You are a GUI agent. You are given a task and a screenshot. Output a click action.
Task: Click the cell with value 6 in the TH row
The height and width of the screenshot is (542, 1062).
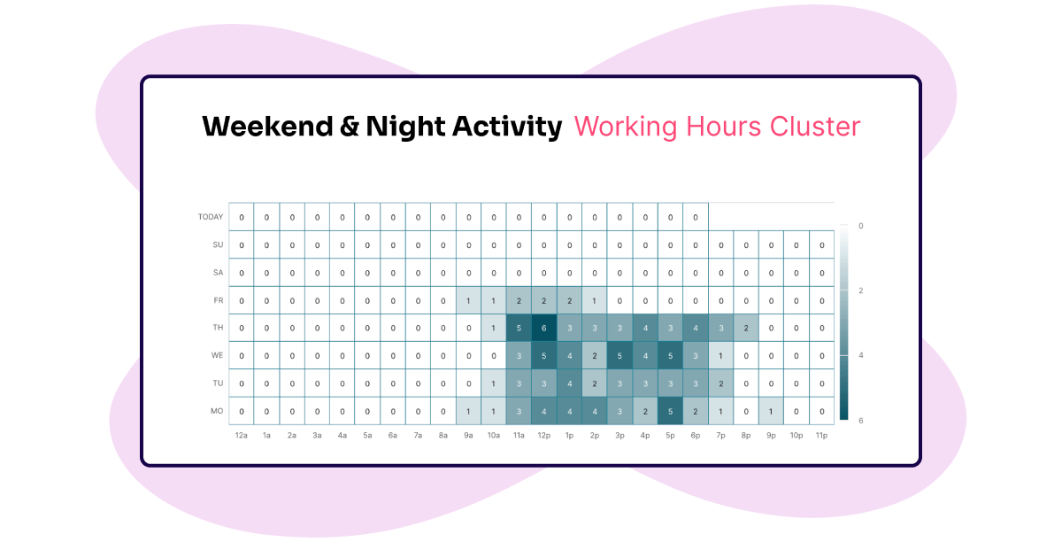[x=543, y=328]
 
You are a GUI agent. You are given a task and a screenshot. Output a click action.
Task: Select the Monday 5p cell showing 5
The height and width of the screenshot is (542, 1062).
[x=670, y=412]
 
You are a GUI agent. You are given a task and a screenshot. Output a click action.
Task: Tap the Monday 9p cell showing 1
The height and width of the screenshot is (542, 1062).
[x=771, y=412]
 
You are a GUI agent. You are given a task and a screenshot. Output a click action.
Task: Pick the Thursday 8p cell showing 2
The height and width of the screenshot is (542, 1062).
[x=746, y=328]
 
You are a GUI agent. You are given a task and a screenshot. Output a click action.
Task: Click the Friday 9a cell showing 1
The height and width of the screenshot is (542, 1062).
[x=468, y=300]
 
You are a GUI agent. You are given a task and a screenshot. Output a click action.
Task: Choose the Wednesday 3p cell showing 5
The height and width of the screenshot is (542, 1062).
[x=619, y=355]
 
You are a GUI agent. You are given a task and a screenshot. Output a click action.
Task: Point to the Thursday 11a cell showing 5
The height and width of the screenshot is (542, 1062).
[x=519, y=328]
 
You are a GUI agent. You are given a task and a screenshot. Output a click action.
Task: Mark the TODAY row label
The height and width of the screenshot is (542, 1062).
[x=211, y=217]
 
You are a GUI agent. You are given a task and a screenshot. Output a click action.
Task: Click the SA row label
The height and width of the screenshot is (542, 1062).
[x=218, y=273]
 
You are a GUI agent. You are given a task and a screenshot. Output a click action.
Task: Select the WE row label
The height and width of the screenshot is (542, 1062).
[x=217, y=355]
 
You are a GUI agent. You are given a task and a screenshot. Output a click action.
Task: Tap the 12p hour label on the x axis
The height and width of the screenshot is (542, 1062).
[x=543, y=435]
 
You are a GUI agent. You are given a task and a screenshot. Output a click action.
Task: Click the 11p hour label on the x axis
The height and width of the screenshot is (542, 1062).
[x=821, y=435]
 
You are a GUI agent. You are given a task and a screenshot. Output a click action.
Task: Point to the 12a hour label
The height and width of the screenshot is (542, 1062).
[x=242, y=435]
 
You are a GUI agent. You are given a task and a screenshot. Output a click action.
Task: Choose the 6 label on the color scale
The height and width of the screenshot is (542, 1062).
[x=861, y=421]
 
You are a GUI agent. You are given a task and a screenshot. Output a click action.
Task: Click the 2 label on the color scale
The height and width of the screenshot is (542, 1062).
[x=861, y=290]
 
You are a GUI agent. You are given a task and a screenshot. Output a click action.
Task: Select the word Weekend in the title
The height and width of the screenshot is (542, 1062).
[x=268, y=127]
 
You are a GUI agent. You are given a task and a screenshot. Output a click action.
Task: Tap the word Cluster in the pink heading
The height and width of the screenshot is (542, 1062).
[x=815, y=127]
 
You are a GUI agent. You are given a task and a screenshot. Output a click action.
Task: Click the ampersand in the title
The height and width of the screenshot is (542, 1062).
[x=350, y=127]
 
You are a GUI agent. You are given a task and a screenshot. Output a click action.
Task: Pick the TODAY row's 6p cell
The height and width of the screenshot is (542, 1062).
[x=696, y=217]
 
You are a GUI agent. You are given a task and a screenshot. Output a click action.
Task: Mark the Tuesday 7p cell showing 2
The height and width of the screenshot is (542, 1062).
[x=720, y=383]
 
